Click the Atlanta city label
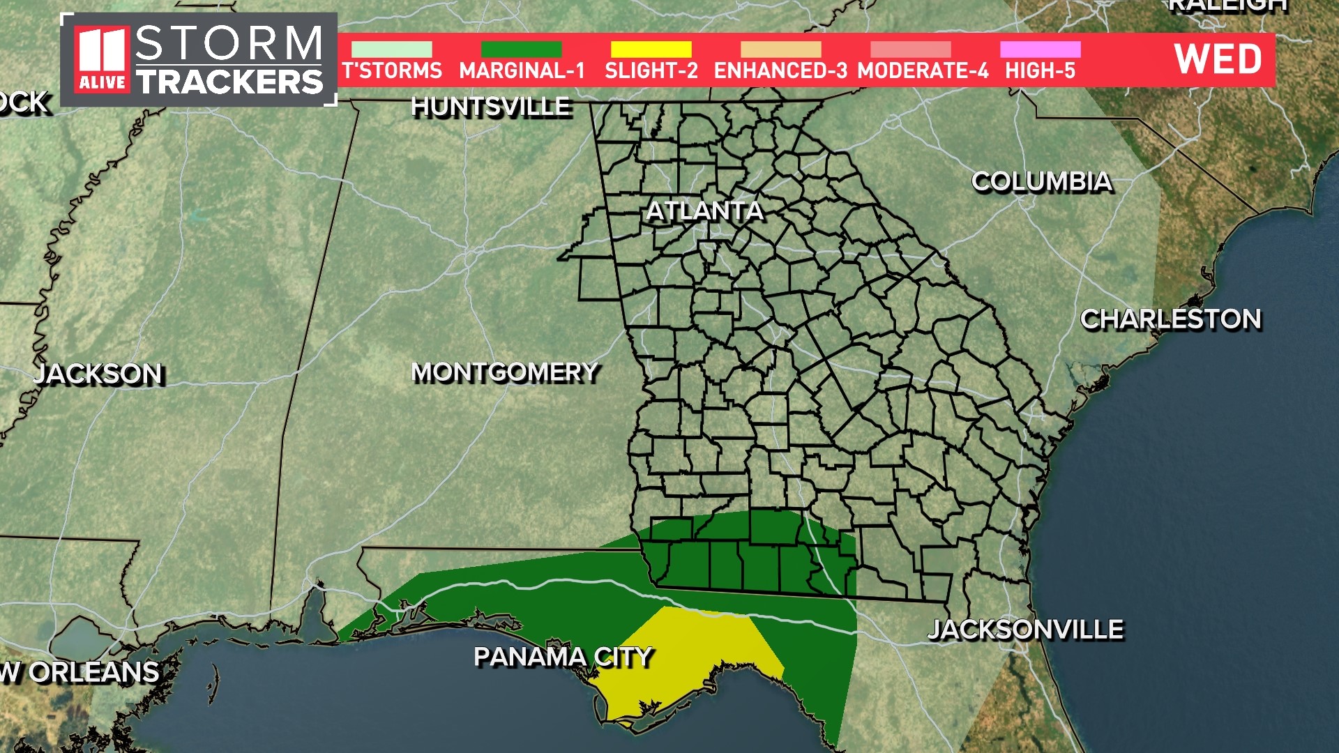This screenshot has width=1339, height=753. [x=704, y=211]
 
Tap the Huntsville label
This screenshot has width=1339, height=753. [x=491, y=107]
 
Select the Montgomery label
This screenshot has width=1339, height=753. [x=505, y=372]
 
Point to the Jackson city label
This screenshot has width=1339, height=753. [x=98, y=374]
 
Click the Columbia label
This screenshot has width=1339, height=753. [x=1042, y=181]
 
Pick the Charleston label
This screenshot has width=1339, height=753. [x=1171, y=319]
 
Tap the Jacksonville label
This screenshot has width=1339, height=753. [x=1025, y=630]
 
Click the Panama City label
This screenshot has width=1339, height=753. [x=563, y=657]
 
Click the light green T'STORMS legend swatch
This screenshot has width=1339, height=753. [x=391, y=50]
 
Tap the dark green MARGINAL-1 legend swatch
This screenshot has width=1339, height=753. [x=521, y=50]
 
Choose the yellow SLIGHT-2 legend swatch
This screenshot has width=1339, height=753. [x=651, y=50]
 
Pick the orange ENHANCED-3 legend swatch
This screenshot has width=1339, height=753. [x=780, y=50]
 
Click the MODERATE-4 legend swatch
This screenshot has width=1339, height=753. [x=910, y=50]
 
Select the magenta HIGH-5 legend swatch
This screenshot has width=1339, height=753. [x=1040, y=50]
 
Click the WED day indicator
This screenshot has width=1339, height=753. [x=1218, y=59]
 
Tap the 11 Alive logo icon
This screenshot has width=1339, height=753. [x=102, y=60]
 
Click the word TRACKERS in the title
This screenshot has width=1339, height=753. [x=230, y=82]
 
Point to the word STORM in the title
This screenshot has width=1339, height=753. [x=229, y=43]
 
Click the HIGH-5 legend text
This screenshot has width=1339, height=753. [x=1040, y=71]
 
